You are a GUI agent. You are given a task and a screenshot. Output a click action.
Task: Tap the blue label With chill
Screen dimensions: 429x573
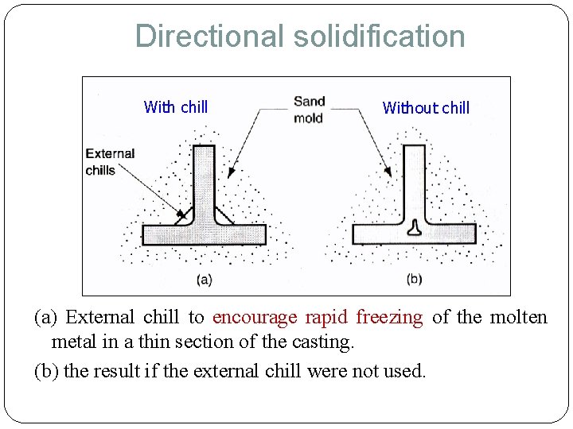[x=176, y=106]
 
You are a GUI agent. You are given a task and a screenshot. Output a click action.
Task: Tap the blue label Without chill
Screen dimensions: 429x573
[x=426, y=107]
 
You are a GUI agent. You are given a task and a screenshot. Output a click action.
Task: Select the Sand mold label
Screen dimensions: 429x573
[x=309, y=110]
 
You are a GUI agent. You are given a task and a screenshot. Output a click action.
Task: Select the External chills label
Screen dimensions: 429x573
[x=110, y=161]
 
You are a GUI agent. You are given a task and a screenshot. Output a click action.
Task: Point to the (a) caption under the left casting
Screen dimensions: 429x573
[x=204, y=279]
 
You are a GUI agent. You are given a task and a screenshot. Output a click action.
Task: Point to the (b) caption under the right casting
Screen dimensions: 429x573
[x=414, y=279]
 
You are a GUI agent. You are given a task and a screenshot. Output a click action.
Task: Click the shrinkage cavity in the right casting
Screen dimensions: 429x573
[x=414, y=229]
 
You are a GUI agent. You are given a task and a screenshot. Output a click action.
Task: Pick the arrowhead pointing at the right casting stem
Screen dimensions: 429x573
[x=388, y=172]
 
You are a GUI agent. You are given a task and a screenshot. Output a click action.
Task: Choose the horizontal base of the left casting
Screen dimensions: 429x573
[x=204, y=234]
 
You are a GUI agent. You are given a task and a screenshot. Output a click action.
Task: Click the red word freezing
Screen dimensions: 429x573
[x=389, y=317]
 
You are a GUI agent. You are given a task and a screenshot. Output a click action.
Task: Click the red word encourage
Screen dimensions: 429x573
[x=251, y=317]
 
